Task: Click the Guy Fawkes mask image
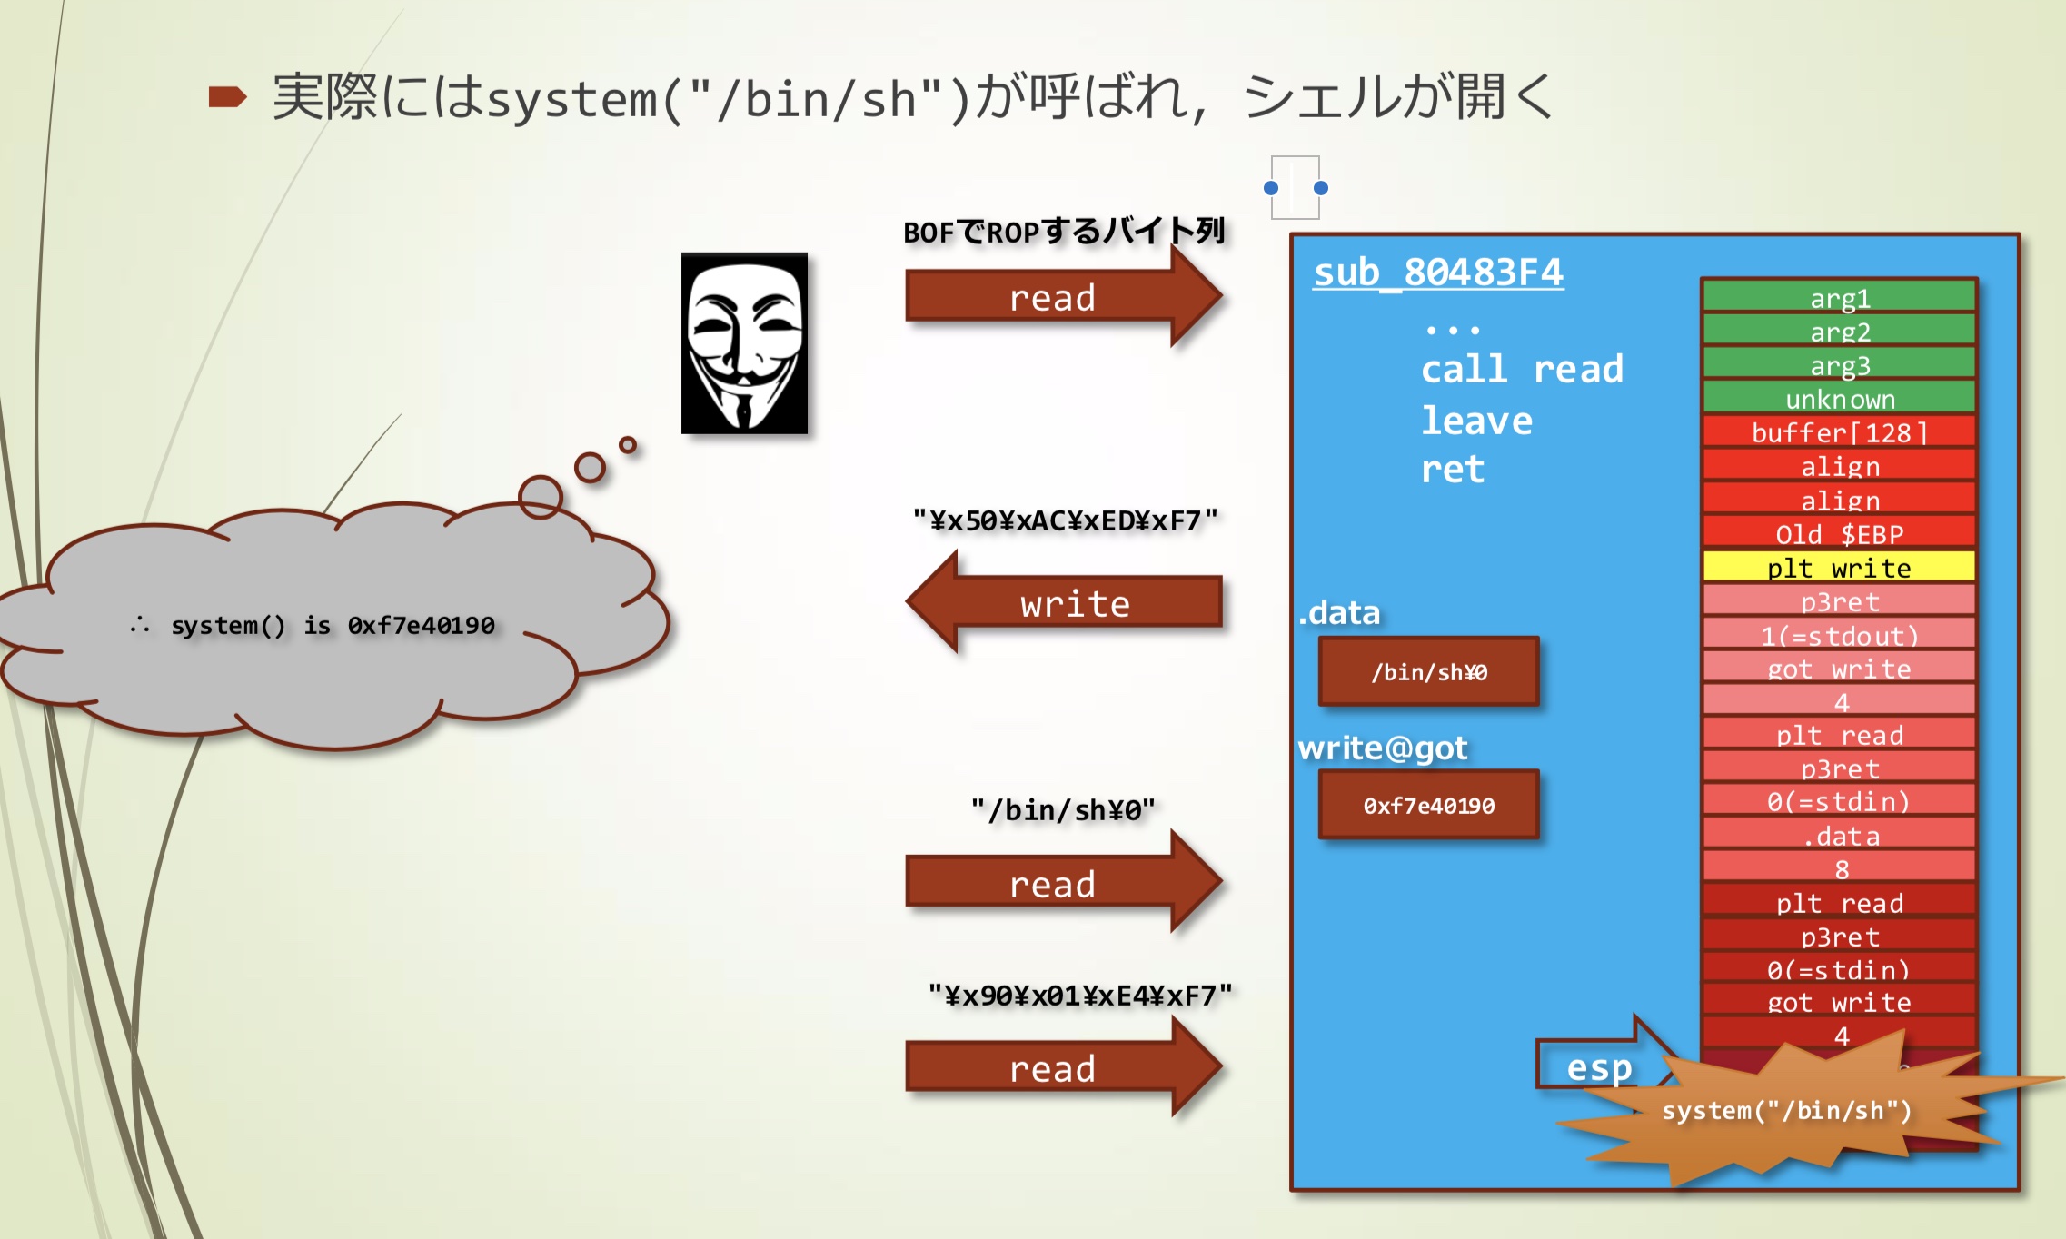(744, 342)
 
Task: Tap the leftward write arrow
(1068, 603)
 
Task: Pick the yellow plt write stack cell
(1839, 567)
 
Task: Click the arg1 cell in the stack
(1839, 297)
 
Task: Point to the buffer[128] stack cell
(1839, 431)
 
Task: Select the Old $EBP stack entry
(1839, 533)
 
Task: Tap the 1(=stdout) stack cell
(1839, 634)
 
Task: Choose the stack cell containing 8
(1839, 868)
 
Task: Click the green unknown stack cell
(1839, 398)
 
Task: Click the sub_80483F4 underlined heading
(1438, 273)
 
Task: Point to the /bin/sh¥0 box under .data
(1428, 671)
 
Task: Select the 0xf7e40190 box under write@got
(1428, 805)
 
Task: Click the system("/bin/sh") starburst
(1786, 1110)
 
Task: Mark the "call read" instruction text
(1522, 369)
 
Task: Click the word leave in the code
(1476, 421)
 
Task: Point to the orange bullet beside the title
(227, 96)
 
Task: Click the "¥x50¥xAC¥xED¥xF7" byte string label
(1065, 520)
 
